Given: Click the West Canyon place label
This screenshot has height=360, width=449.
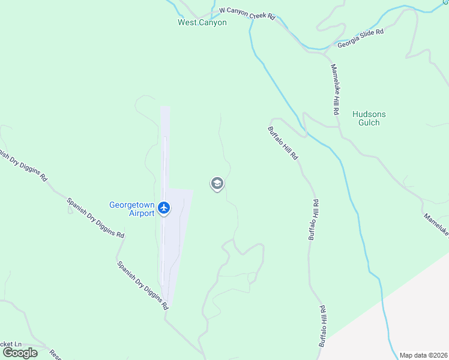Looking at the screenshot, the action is (202, 23).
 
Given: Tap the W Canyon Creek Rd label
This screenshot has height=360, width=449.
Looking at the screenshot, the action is (247, 13).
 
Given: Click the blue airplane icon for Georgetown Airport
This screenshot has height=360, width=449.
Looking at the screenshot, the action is (164, 209).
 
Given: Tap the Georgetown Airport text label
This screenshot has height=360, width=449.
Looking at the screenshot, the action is (132, 208).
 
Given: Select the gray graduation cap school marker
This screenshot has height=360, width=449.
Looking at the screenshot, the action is (217, 184).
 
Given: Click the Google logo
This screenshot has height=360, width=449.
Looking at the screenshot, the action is (20, 352).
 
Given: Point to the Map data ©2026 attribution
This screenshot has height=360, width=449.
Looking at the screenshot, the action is (424, 355).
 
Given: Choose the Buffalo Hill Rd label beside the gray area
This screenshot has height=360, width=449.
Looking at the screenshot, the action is (323, 326).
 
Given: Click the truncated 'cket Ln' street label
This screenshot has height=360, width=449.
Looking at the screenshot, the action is (11, 344).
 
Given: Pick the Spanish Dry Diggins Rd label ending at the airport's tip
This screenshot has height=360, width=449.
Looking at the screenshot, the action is (143, 284).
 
